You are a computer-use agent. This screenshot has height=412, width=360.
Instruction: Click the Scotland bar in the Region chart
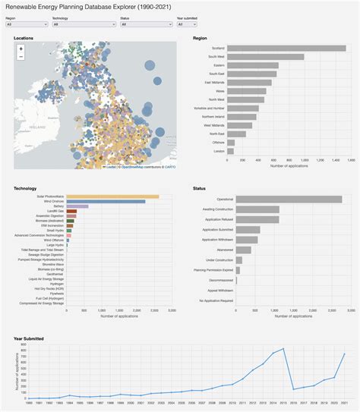(286, 48)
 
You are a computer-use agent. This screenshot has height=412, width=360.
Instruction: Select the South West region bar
(265, 56)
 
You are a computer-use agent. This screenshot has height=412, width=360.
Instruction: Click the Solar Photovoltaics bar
(112, 197)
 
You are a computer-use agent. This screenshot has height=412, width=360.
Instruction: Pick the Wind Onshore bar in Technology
(106, 201)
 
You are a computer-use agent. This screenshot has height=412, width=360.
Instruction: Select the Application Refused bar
(257, 219)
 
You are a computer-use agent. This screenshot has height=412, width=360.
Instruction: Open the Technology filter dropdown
(84, 24)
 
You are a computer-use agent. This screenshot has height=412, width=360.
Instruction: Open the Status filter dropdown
(145, 24)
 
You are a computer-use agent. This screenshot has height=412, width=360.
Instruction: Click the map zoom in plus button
(21, 49)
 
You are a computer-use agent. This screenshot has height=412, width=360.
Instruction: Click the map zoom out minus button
(21, 56)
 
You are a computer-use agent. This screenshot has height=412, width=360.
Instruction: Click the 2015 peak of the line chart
(283, 349)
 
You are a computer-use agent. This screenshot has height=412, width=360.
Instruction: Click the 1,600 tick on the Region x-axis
(345, 160)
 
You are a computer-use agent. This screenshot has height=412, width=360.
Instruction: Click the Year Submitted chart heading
(29, 338)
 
